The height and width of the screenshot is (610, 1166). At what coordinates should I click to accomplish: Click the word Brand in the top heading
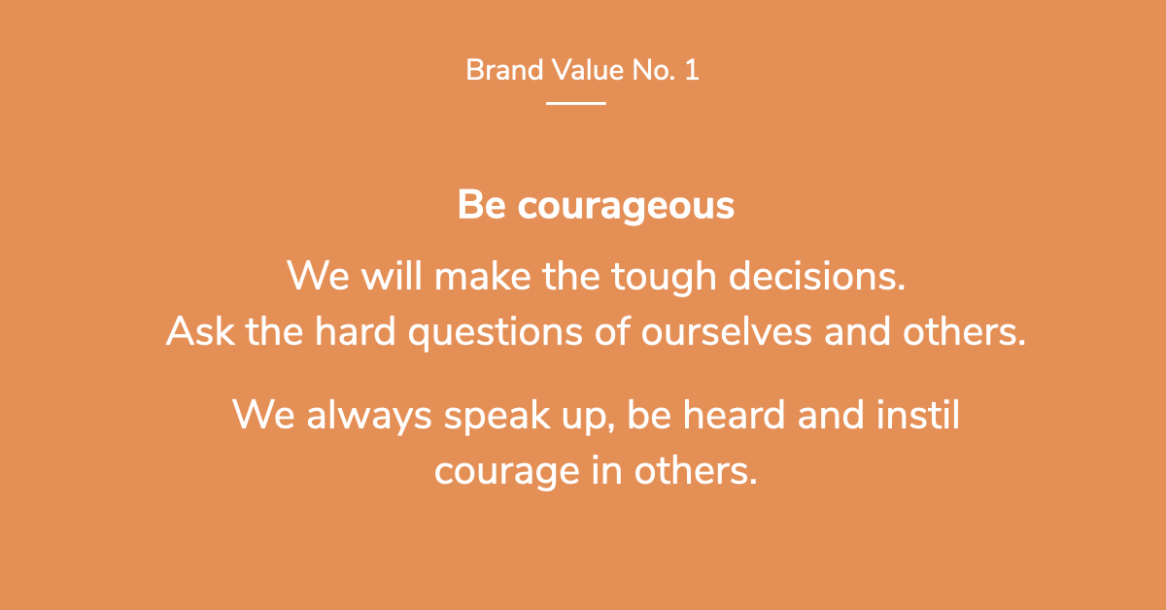(504, 70)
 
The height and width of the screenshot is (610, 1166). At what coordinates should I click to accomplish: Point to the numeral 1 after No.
(692, 70)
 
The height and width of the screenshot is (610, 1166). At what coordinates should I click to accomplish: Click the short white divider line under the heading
(575, 104)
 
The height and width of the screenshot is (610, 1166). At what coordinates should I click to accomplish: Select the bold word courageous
(626, 207)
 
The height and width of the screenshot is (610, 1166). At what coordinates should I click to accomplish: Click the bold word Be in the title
(482, 205)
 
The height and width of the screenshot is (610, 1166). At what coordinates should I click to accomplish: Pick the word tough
(664, 278)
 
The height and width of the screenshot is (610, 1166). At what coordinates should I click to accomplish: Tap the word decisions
(817, 276)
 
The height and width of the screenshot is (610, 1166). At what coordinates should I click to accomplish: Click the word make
(483, 276)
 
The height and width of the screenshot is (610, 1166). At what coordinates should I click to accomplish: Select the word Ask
(200, 331)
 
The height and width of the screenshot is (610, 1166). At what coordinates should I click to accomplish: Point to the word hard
(355, 331)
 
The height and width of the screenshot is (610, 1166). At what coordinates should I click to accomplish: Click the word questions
(495, 333)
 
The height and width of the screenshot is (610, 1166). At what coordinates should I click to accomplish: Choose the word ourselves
(726, 332)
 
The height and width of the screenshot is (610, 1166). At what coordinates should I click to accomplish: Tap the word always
(369, 417)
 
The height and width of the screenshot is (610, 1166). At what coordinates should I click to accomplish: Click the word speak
(497, 417)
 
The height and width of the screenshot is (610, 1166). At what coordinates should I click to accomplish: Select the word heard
(734, 415)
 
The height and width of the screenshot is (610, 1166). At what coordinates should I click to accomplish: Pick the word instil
(917, 415)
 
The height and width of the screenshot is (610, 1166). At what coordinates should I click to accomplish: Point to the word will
(392, 275)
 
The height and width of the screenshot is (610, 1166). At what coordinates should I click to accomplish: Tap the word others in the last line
(696, 470)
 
